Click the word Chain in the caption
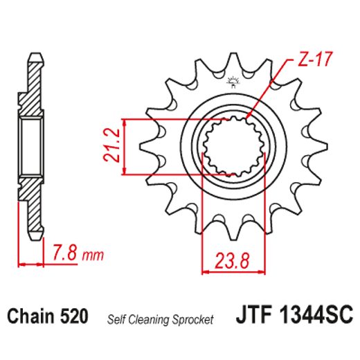[32, 318]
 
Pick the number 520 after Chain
[74, 318]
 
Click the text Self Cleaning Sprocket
[159, 319]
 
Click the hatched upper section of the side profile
[32, 90]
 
